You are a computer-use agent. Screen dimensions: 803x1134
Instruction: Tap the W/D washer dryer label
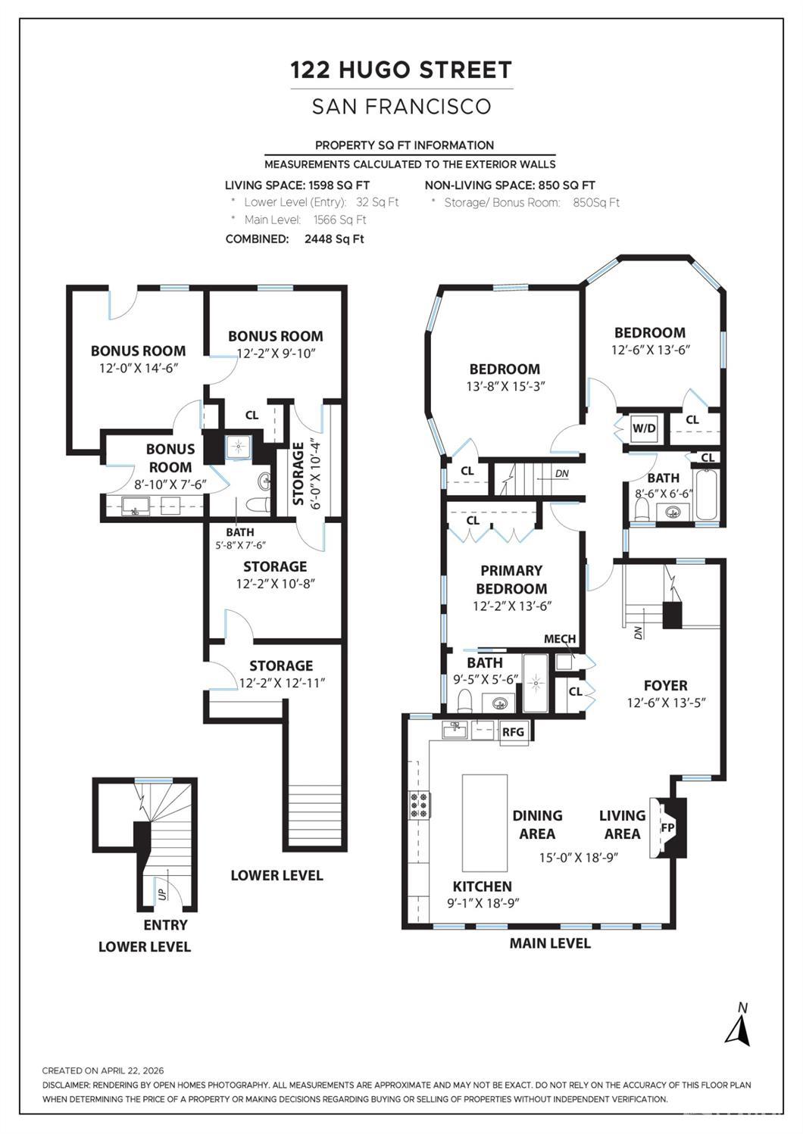(644, 428)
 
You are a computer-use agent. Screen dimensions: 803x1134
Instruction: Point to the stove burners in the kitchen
(420, 804)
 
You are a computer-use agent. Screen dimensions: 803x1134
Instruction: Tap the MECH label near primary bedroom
(560, 639)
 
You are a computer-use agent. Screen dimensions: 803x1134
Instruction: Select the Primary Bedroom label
(511, 580)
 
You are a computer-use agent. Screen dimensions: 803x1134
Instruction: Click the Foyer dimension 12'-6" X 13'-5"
(666, 703)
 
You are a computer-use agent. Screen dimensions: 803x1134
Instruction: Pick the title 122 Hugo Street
(401, 70)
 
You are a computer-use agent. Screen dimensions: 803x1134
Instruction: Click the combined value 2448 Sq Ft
(334, 239)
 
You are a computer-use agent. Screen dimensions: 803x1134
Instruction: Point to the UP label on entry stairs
(161, 894)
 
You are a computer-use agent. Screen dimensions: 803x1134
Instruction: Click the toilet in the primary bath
(464, 701)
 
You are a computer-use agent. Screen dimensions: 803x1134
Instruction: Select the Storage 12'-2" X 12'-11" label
(281, 674)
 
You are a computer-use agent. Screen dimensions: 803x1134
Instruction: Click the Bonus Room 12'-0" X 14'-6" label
(139, 359)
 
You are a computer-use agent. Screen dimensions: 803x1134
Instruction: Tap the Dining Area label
(538, 824)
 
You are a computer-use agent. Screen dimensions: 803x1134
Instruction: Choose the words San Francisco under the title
(401, 107)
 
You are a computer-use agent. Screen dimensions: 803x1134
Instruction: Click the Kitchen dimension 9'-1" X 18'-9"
(483, 903)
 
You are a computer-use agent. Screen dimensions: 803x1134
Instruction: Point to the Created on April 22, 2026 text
(103, 1070)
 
